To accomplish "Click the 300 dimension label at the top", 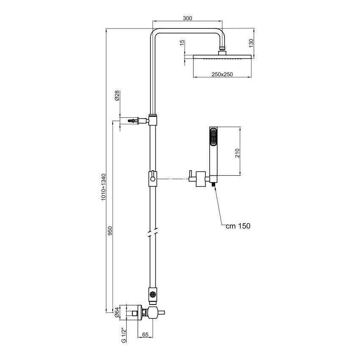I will pos(188,18).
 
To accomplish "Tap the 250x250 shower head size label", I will pos(223,74).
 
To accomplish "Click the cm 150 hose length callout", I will pos(238,226).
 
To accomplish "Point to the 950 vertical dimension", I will pos(110,230).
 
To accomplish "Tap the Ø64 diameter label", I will pos(118,313).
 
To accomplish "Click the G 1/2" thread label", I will pos(124,335).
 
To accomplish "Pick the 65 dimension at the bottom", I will pos(145,335).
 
